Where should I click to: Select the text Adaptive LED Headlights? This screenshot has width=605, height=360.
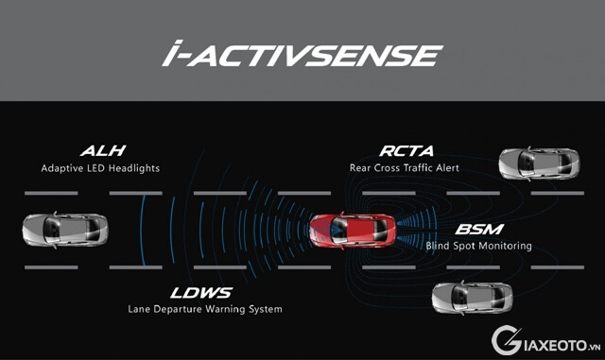(99, 168)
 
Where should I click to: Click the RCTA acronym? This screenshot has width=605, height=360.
(407, 150)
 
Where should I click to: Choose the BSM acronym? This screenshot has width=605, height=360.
(480, 230)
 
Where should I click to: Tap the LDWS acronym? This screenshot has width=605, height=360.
(203, 292)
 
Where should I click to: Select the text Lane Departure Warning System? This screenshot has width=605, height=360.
(204, 309)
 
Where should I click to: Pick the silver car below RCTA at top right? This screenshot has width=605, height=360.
(539, 164)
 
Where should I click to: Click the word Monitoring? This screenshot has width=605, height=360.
(505, 246)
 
